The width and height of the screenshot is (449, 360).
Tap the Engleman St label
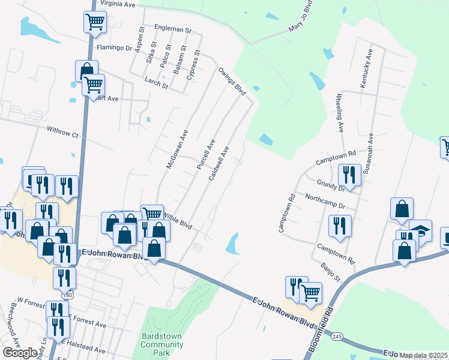click(172, 29)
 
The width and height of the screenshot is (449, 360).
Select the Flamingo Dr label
click(113, 48)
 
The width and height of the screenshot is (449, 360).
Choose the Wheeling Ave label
click(339, 113)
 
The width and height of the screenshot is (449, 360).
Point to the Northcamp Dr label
click(325, 201)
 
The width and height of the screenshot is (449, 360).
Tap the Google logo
click(20, 353)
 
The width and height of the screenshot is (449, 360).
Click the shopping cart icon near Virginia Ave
click(95, 22)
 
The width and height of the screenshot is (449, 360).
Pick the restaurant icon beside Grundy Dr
click(349, 175)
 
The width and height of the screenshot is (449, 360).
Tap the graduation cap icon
click(421, 230)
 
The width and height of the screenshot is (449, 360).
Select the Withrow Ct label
click(64, 131)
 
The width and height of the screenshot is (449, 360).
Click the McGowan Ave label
click(178, 149)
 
